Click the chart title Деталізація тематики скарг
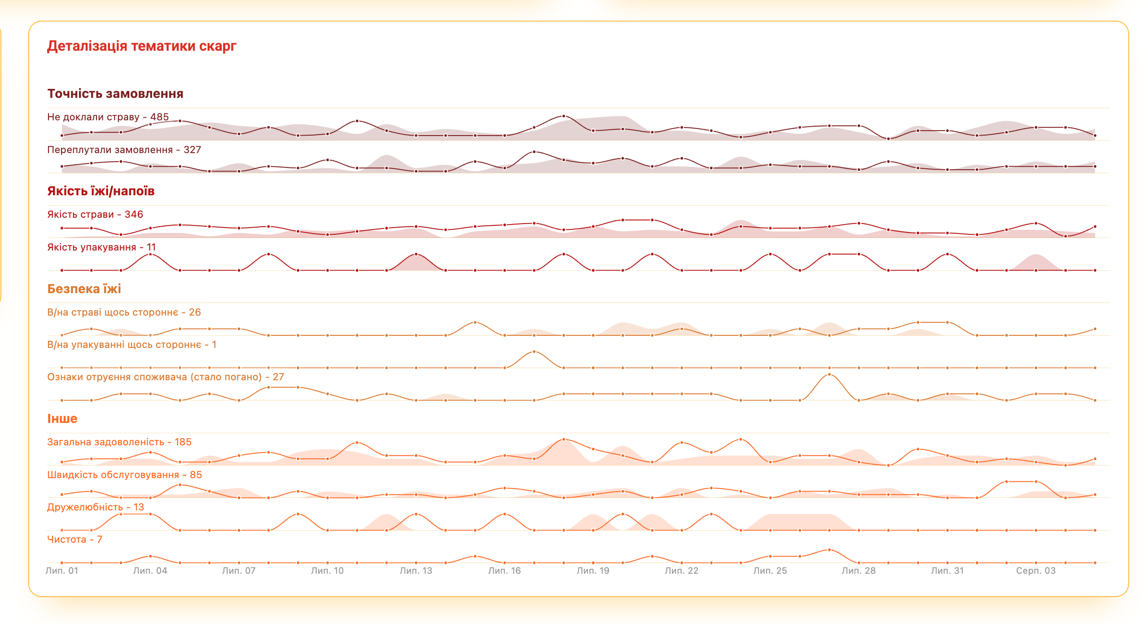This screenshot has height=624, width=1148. click(141, 46)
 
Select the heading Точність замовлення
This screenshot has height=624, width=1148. click(115, 94)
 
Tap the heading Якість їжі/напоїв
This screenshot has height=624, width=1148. click(101, 191)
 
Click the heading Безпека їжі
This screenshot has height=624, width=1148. click(84, 289)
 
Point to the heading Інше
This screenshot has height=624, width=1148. click(62, 418)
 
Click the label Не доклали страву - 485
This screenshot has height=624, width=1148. click(108, 117)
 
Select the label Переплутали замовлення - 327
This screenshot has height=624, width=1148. click(124, 150)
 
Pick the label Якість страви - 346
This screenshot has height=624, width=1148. click(95, 215)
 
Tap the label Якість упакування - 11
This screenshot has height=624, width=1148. click(101, 247)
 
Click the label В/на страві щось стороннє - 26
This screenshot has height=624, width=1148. click(124, 312)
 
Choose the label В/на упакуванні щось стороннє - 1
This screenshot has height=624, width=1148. click(131, 345)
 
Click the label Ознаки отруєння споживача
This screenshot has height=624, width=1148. click(165, 377)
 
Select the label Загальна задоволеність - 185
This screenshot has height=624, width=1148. click(119, 442)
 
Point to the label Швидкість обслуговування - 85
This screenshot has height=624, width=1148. click(124, 475)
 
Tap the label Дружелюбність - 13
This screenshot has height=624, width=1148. click(96, 507)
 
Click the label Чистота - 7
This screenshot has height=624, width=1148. click(74, 540)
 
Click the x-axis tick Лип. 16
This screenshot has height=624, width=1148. click(504, 571)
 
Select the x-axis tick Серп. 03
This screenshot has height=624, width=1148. click(1035, 571)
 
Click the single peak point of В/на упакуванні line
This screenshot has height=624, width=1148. click(534, 352)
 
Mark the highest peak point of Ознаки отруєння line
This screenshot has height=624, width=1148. click(829, 374)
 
